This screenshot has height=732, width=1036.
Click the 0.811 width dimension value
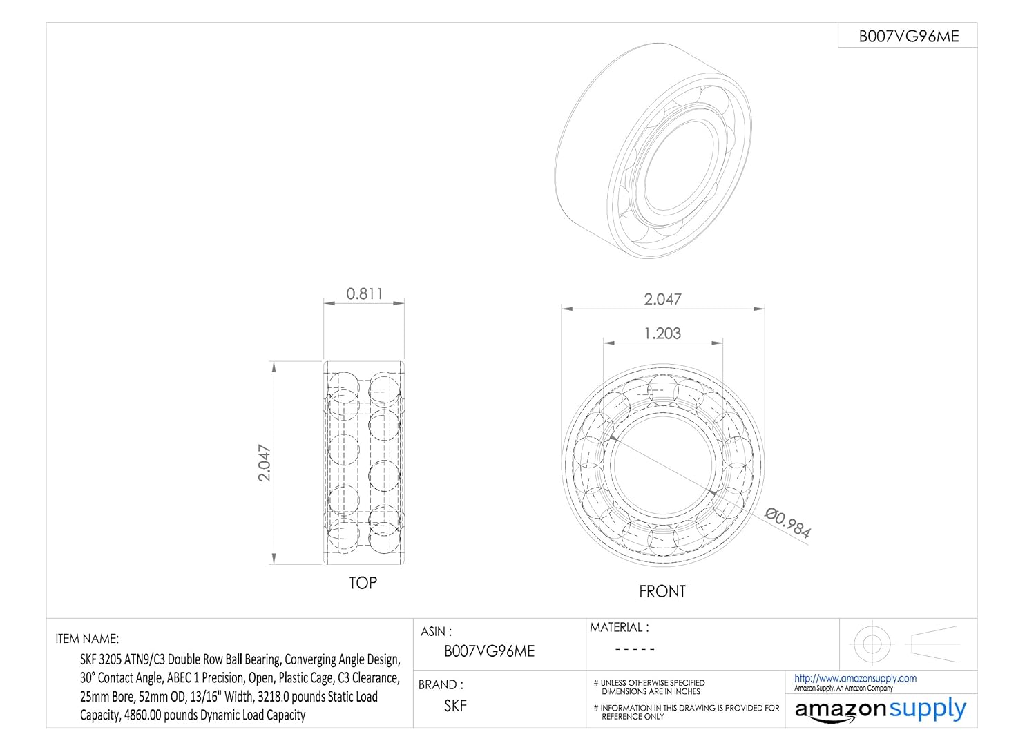tap(365, 293)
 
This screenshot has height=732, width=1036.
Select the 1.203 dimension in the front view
tap(662, 333)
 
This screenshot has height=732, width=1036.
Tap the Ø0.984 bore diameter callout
tap(787, 523)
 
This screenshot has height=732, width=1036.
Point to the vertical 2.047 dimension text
tap(264, 463)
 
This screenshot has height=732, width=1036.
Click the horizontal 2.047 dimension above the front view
tap(662, 299)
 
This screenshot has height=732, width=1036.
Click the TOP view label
tap(363, 583)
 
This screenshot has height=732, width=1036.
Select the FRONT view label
tap(662, 591)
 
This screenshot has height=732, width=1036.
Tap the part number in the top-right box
tap(909, 37)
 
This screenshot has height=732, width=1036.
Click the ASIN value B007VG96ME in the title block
tap(489, 651)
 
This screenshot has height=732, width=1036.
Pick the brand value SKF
tap(456, 706)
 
